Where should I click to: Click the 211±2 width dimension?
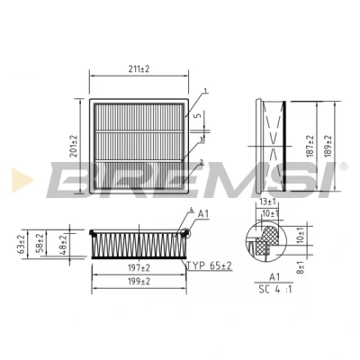coord(139,69)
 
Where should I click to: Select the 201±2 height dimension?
coord(74,146)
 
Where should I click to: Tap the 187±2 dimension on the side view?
coord(310,146)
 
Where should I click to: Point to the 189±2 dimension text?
coord(328,146)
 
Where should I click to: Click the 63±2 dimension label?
coord(22,244)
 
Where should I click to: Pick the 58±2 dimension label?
coord(40,243)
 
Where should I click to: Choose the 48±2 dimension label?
coord(63,245)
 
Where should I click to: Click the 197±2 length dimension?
coord(139,268)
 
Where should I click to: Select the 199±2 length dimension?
coord(139,282)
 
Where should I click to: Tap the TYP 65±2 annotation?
coord(210,265)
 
